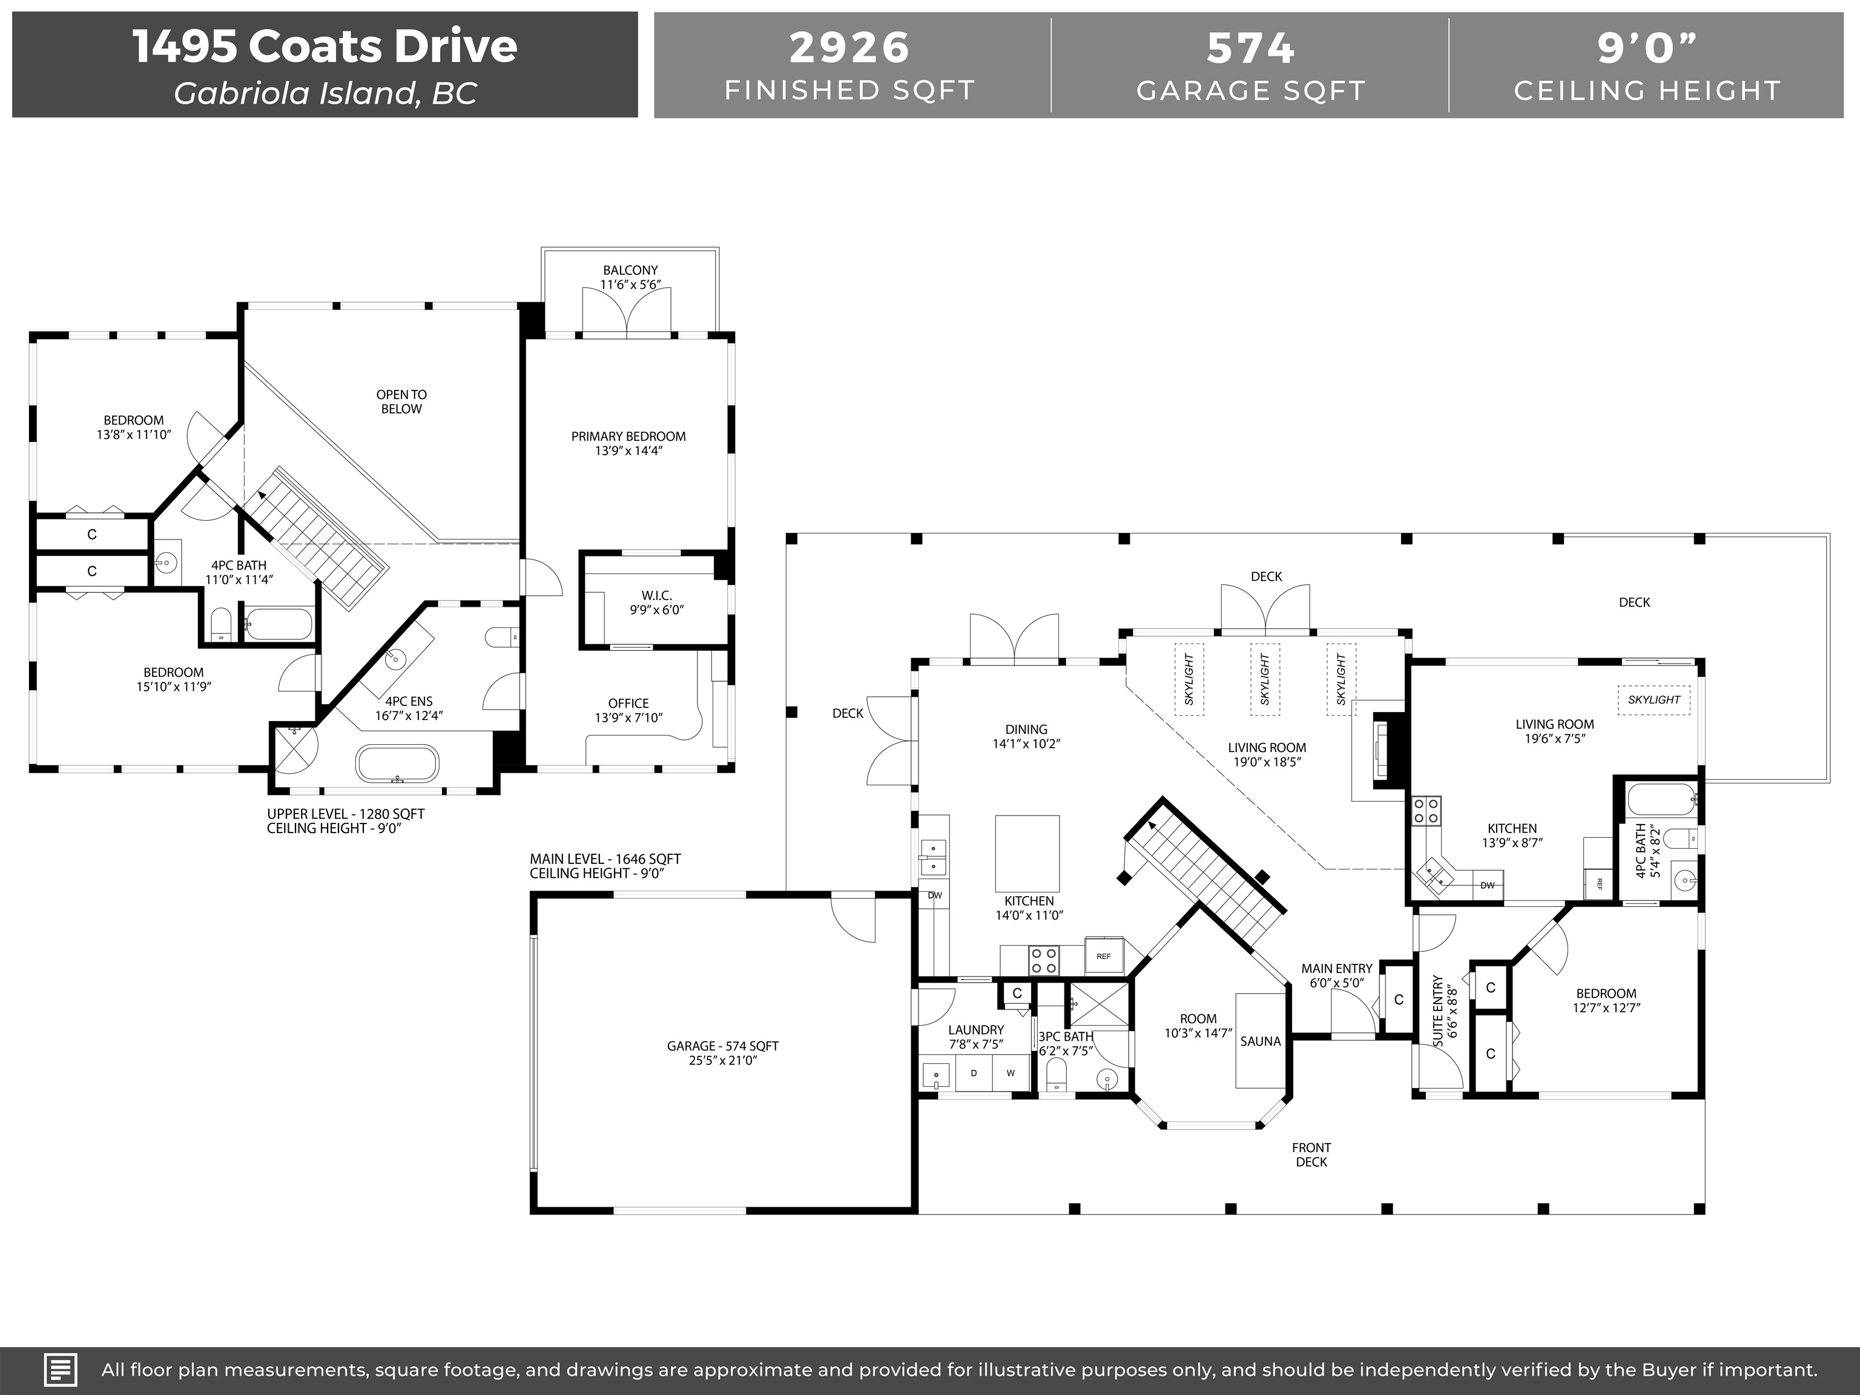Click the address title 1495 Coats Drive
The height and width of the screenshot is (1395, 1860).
click(325, 46)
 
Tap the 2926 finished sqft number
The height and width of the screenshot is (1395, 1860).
click(849, 48)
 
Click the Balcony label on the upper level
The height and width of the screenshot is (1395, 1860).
click(630, 271)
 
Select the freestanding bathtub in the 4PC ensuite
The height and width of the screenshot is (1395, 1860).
click(397, 764)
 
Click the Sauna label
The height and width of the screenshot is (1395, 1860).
click(1261, 1041)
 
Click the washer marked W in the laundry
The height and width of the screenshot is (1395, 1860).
click(1011, 1073)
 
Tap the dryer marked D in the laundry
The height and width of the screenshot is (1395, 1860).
click(974, 1073)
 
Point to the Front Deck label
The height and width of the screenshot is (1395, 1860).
click(1311, 1155)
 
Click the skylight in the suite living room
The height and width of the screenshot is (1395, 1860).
click(1654, 699)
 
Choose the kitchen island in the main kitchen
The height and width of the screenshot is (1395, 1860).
click(1027, 852)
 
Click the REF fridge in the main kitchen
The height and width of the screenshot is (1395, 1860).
click(1103, 956)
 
